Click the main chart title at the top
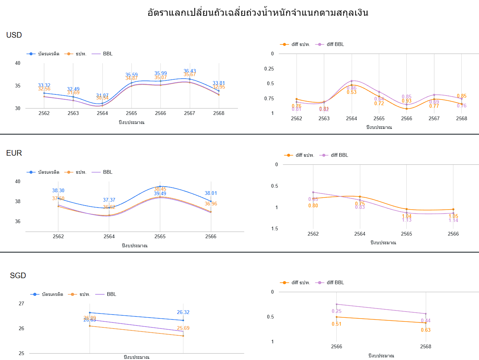[258, 13]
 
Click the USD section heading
[14, 35]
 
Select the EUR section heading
[14, 153]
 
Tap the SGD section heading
[18, 276]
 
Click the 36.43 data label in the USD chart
[189, 71]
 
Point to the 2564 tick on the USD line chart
[102, 113]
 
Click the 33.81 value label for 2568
[218, 83]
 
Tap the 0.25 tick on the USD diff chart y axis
[269, 69]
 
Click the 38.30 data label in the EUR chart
[58, 190]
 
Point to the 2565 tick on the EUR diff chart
[406, 234]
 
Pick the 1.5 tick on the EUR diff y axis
[275, 228]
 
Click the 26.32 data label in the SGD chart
[183, 312]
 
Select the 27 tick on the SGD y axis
[21, 303]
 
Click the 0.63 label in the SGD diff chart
[426, 330]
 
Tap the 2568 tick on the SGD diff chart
[426, 346]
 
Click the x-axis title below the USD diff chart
[379, 127]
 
